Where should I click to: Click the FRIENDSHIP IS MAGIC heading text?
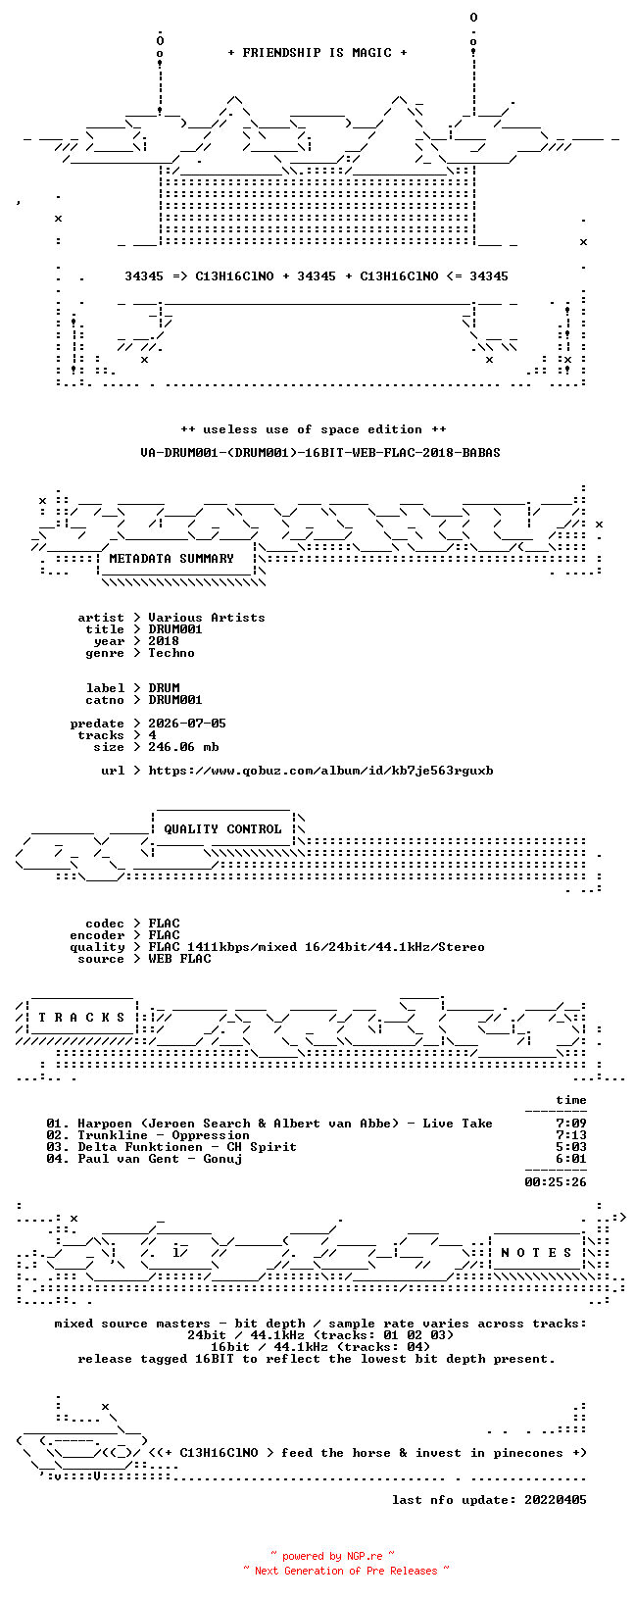point(317,53)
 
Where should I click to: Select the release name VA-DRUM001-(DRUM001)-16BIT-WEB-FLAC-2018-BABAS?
point(320,453)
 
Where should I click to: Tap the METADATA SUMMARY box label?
point(171,559)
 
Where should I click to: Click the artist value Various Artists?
point(207,618)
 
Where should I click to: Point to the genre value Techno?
point(171,653)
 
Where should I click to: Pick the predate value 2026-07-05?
point(187,724)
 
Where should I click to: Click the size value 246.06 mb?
point(183,747)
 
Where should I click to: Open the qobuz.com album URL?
point(320,771)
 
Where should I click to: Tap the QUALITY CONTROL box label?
point(222,829)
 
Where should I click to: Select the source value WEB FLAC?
point(179,959)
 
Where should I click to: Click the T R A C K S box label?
point(81,1017)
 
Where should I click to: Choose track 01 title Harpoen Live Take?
point(285,1124)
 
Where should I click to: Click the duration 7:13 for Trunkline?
point(571,1135)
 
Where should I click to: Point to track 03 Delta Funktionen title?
point(187,1147)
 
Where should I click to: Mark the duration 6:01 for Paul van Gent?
point(571,1159)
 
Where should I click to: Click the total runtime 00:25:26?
point(556,1182)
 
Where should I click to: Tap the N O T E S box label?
point(536,1252)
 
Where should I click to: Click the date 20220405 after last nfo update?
point(556,1500)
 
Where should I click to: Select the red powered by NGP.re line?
point(333,1556)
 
